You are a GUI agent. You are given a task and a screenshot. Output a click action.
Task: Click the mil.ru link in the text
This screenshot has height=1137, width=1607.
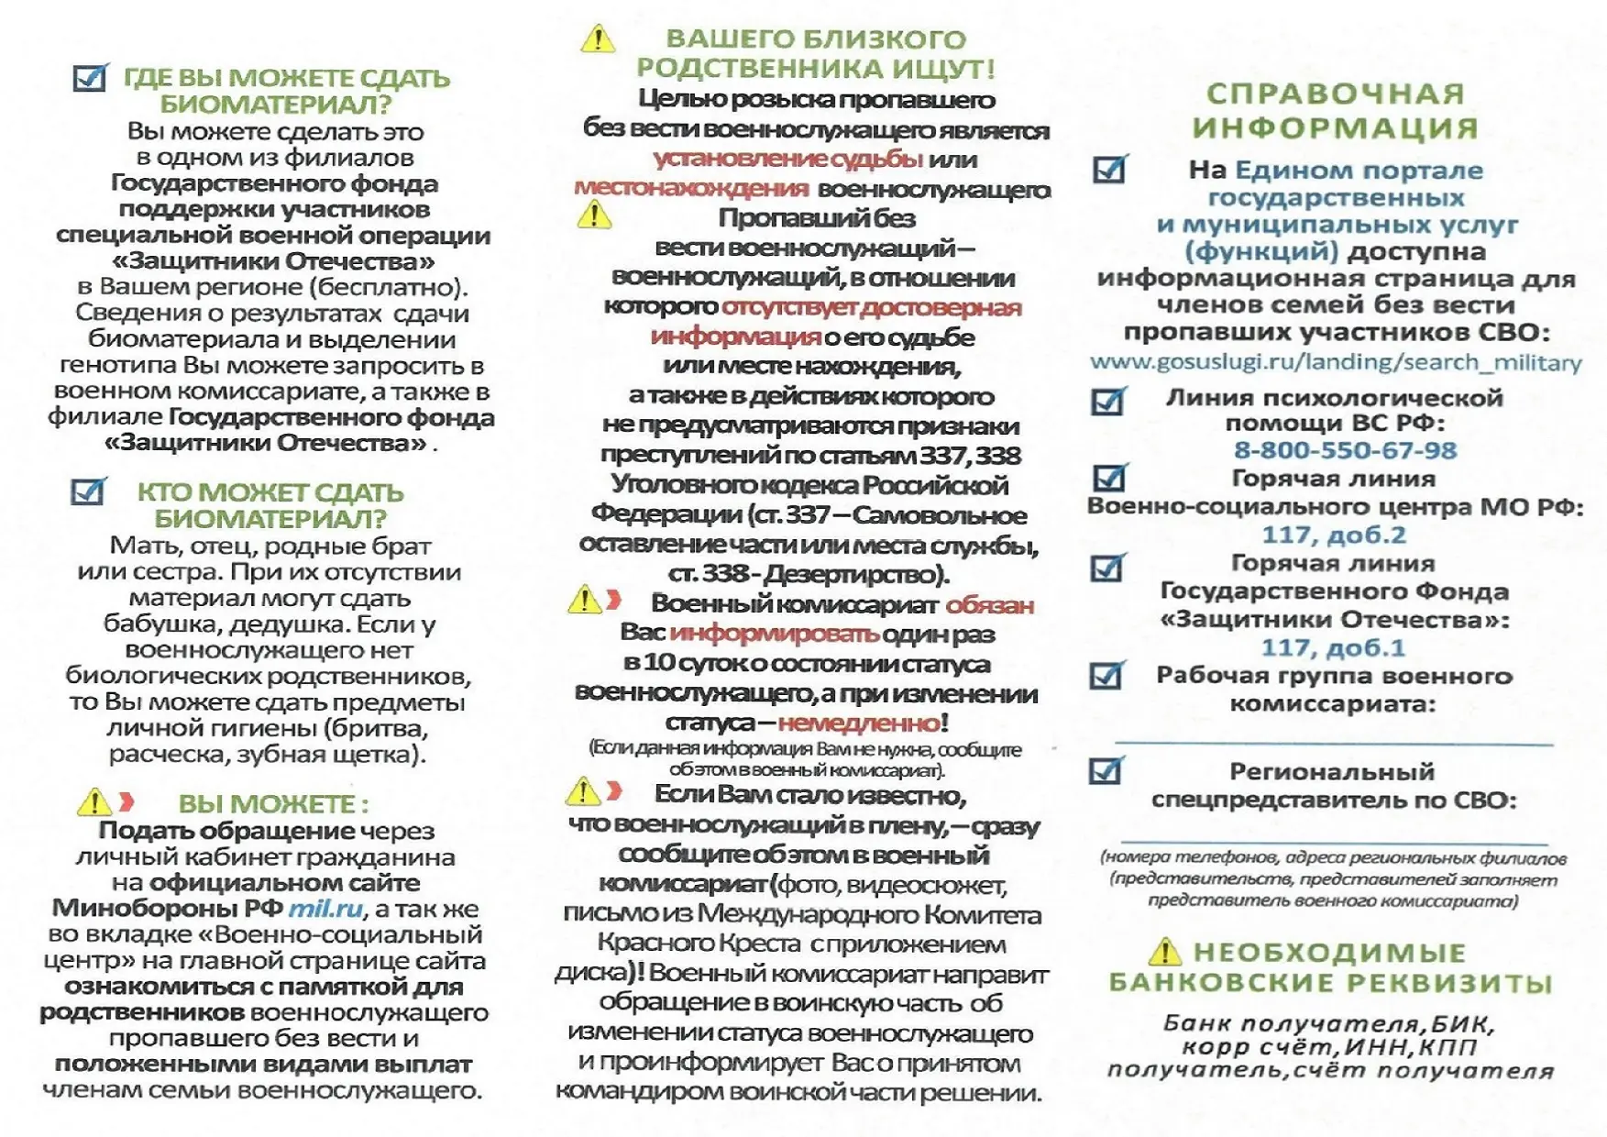pyautogui.click(x=325, y=910)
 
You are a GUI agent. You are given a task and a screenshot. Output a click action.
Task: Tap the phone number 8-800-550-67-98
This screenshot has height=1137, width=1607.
pyautogui.click(x=1345, y=450)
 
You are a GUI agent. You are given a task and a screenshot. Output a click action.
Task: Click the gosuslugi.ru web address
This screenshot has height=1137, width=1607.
pyautogui.click(x=1336, y=363)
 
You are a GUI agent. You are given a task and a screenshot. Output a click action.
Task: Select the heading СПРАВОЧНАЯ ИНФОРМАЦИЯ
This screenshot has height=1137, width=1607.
pyautogui.click(x=1335, y=110)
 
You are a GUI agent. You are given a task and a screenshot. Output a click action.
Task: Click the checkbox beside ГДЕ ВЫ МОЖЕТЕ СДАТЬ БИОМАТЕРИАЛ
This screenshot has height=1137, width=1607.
pyautogui.click(x=90, y=78)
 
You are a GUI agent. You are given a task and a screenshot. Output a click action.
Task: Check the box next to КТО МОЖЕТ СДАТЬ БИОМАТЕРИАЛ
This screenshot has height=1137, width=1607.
pyautogui.click(x=88, y=491)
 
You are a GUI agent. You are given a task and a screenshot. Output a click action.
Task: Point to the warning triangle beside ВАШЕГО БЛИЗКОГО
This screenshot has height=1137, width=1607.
pyautogui.click(x=598, y=39)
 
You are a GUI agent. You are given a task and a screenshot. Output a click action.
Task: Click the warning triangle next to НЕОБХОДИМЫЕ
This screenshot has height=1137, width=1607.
pyautogui.click(x=1164, y=952)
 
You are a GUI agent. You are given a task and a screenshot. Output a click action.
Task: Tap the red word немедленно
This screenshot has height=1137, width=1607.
pyautogui.click(x=859, y=723)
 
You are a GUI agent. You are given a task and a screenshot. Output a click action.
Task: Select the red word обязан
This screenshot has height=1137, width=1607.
pyautogui.click(x=990, y=605)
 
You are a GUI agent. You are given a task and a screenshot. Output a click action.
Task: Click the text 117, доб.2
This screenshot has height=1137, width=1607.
pyautogui.click(x=1334, y=535)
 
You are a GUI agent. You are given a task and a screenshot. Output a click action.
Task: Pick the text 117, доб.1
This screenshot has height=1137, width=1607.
pyautogui.click(x=1333, y=647)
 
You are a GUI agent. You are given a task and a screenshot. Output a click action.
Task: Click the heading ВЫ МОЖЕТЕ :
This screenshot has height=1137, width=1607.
pyautogui.click(x=273, y=804)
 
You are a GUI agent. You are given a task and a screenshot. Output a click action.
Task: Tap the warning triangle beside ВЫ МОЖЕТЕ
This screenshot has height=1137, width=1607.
pyautogui.click(x=94, y=803)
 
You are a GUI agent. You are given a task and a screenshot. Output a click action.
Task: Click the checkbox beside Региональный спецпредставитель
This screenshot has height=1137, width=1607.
pyautogui.click(x=1106, y=771)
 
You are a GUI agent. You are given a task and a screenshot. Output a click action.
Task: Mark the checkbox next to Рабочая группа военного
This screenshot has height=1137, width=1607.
pyautogui.click(x=1106, y=676)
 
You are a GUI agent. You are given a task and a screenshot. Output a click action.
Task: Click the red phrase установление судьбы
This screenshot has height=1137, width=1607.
pyautogui.click(x=787, y=159)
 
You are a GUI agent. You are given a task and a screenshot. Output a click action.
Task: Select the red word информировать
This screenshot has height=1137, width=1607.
pyautogui.click(x=775, y=634)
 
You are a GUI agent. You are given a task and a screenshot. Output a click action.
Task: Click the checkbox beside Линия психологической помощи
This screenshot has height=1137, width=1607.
pyautogui.click(x=1107, y=401)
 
